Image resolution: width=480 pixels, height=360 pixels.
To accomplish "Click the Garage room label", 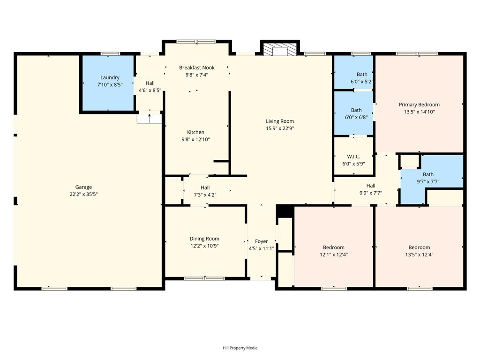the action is (83, 187).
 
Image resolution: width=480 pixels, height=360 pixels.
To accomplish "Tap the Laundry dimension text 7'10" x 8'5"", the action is (110, 85).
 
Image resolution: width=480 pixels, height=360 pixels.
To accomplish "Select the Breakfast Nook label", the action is (197, 67).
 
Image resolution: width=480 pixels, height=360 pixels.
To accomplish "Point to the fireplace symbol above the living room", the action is (280, 49).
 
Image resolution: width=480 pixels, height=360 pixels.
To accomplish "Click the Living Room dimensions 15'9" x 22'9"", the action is (280, 128).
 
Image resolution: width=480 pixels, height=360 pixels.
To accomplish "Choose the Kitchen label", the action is (195, 132).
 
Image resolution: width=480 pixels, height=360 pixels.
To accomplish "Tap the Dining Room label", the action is (204, 239).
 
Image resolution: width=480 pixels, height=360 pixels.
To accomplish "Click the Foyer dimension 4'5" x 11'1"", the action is (262, 248).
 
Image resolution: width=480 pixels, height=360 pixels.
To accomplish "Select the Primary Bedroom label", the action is (419, 105).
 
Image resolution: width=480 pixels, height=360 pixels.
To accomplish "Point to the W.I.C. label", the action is (353, 157).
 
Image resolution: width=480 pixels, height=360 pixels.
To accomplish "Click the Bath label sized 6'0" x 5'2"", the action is (362, 75).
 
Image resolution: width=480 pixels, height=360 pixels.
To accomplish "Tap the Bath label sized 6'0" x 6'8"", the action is (356, 110).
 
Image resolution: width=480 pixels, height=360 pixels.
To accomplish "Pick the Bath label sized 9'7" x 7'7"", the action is (428, 174).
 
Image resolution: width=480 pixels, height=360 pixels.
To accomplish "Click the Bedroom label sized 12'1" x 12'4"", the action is (334, 247).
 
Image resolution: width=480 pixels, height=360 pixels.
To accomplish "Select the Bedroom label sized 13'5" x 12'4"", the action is (419, 247).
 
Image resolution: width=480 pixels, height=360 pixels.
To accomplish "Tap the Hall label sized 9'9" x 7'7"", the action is (371, 186).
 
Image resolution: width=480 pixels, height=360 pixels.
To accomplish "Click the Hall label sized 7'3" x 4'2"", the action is (205, 187).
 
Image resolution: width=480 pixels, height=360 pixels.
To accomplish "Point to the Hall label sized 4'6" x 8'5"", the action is (150, 83).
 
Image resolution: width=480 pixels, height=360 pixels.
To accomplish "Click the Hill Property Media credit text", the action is (240, 348).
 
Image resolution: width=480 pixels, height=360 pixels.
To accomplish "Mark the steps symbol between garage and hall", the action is (149, 119).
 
